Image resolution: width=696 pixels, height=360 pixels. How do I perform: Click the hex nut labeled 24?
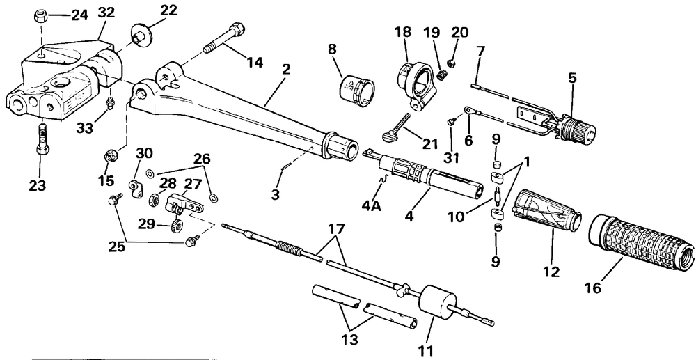pos(41,17)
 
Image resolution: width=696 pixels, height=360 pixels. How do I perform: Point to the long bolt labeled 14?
pos(223,38)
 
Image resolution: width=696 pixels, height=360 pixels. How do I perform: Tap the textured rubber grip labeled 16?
pos(642,241)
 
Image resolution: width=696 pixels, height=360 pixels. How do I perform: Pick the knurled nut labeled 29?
pos(177,226)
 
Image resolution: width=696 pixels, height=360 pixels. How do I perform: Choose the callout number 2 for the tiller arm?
pos(286,69)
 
